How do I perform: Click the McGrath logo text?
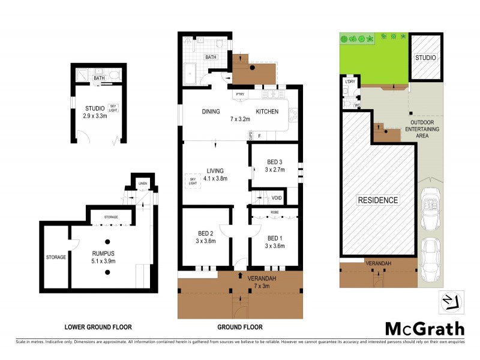coord(424,328)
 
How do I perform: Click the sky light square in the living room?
coord(193,181)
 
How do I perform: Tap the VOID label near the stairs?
coord(277,198)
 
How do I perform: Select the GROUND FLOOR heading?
coord(240,327)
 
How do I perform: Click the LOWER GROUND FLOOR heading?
coord(98,327)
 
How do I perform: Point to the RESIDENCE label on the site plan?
coord(378,200)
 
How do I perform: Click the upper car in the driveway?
coord(431,209)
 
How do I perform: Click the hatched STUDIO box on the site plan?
coord(426,57)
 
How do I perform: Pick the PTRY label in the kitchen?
coord(240,95)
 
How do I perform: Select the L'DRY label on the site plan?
coord(349,82)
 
